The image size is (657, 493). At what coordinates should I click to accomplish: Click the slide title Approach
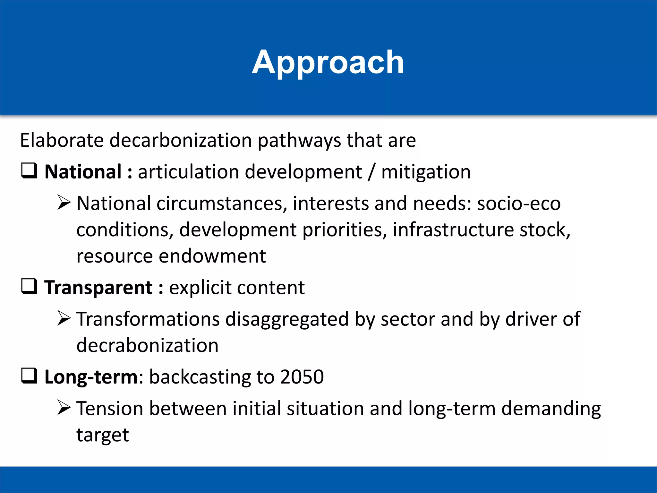click(328, 63)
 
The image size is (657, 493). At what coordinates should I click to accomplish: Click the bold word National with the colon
click(88, 172)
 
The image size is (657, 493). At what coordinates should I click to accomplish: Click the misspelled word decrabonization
click(147, 345)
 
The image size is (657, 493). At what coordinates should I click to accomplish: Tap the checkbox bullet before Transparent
click(29, 286)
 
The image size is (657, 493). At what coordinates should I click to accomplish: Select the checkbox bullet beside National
click(29, 171)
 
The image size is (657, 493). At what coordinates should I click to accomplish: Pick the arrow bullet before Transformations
click(64, 318)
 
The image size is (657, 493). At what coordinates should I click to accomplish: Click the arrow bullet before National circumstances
click(64, 203)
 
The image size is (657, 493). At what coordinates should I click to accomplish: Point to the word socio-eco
click(519, 203)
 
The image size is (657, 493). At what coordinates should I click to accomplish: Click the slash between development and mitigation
click(371, 172)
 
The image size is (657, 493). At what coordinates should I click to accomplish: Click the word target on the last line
click(103, 435)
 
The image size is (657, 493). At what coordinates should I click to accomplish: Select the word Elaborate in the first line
click(62, 140)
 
